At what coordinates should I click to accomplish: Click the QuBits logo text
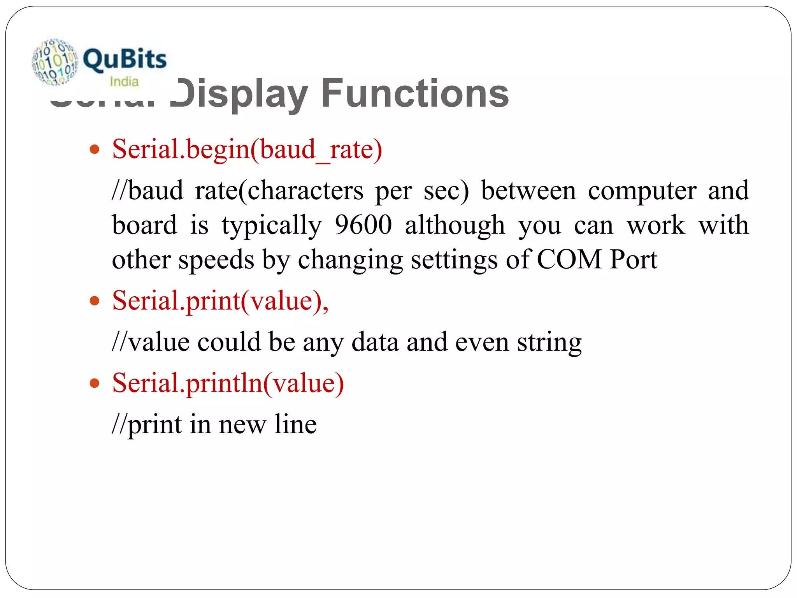tap(125, 59)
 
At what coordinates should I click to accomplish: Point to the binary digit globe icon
tap(55, 62)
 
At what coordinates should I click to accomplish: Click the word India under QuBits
tap(124, 82)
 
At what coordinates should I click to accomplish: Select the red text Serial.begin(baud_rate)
tap(247, 149)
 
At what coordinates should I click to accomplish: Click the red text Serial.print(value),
tap(220, 301)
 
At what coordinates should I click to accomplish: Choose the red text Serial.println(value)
tap(228, 383)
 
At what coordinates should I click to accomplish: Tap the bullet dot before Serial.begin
tap(95, 149)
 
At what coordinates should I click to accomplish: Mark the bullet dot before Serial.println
tap(95, 383)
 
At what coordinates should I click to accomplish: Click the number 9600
tap(363, 225)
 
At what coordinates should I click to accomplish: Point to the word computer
tap(642, 191)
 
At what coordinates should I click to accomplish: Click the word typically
tap(272, 226)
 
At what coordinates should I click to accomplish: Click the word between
tap(528, 191)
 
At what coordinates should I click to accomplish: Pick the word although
tap(455, 226)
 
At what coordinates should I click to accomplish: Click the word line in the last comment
tap(295, 424)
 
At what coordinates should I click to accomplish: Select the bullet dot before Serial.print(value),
tap(95, 301)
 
